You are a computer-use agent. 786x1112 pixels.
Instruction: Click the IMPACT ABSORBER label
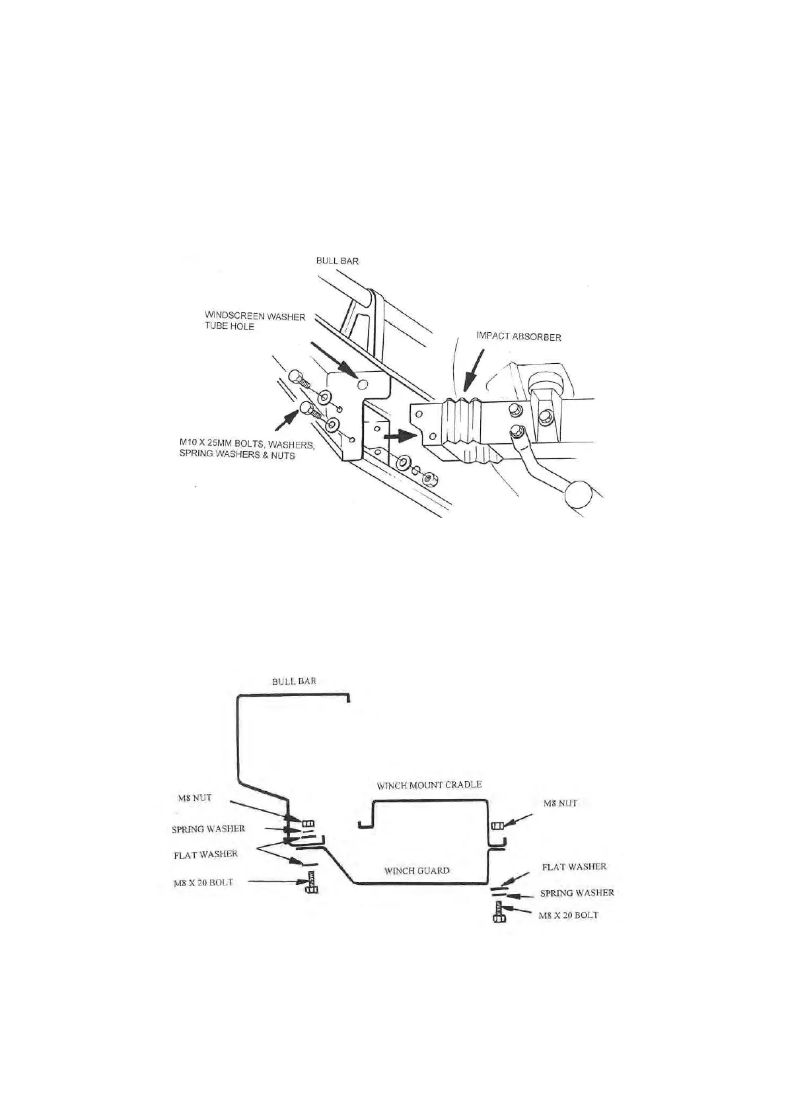tap(518, 337)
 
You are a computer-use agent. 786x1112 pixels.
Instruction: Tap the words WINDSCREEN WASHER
tap(255, 317)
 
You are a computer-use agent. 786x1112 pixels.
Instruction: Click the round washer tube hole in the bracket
tap(361, 384)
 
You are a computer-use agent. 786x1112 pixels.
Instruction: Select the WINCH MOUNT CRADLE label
tap(429, 785)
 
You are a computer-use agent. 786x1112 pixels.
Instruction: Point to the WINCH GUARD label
tap(417, 870)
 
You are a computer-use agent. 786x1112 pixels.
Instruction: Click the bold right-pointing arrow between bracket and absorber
tap(401, 436)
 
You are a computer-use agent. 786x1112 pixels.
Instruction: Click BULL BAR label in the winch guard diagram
tap(294, 681)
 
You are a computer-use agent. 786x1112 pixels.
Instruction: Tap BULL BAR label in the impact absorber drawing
tap(337, 261)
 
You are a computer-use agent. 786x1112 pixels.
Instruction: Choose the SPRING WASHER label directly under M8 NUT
tap(208, 829)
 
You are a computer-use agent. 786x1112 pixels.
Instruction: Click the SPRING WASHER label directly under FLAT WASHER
tap(577, 893)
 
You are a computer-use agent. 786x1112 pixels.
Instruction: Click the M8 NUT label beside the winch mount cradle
tap(560, 804)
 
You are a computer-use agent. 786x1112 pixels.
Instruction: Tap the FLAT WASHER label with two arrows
tap(205, 854)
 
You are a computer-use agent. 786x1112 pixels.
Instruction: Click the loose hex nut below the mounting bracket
tap(428, 477)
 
